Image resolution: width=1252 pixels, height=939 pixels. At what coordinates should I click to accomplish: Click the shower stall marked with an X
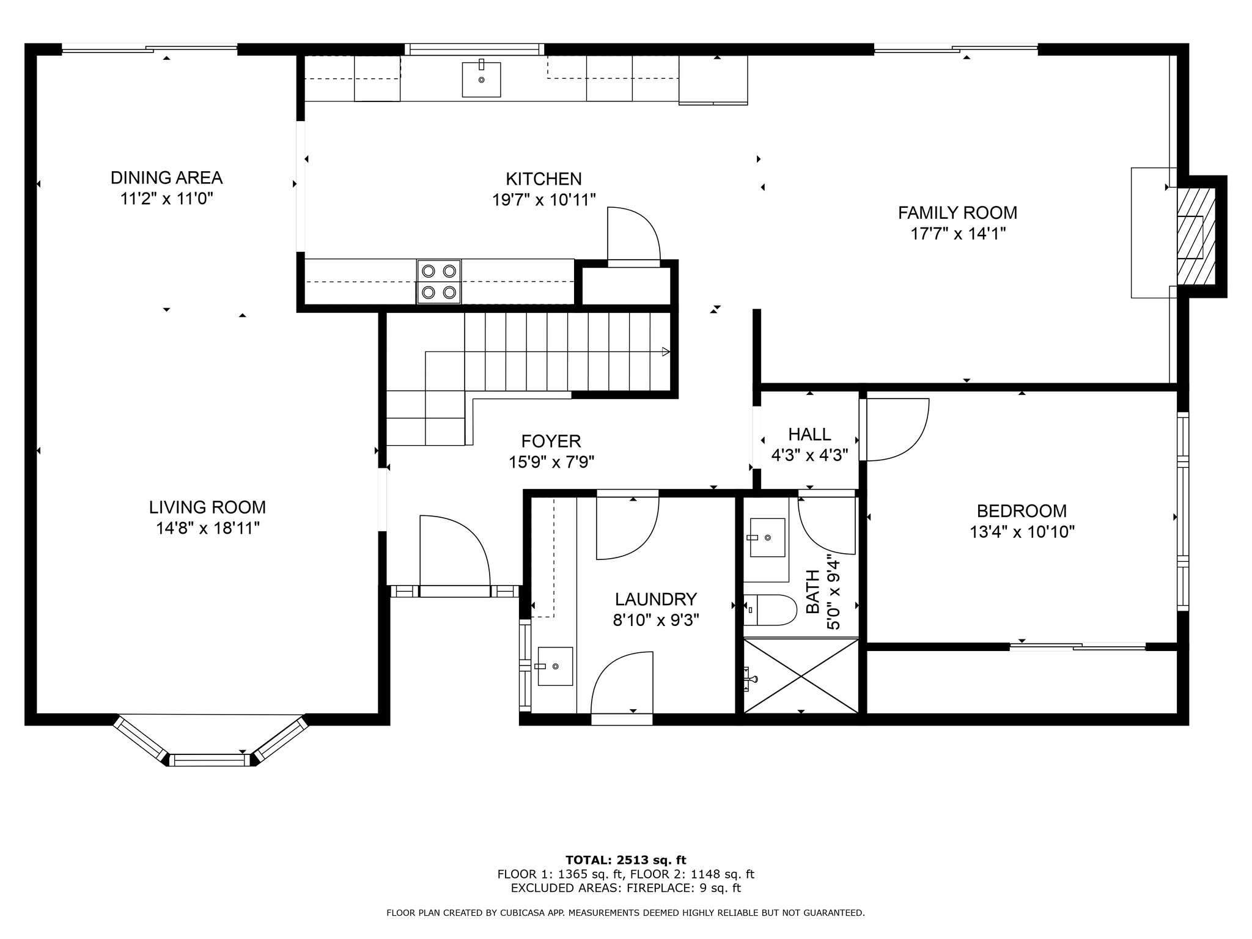(801, 676)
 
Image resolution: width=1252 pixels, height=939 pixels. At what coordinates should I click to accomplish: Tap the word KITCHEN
(543, 179)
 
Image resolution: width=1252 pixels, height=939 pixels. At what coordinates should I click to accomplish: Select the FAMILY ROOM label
(957, 213)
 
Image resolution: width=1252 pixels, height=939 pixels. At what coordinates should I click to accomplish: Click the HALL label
(809, 435)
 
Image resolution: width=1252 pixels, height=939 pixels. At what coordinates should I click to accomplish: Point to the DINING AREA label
(166, 178)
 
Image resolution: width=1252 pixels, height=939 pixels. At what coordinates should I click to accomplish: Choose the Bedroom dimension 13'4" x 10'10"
(1022, 532)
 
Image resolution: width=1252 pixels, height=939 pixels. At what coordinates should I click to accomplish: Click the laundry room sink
(555, 666)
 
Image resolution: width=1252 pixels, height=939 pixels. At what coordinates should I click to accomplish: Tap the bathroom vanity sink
(767, 538)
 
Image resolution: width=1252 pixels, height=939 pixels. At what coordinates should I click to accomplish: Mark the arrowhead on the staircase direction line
(666, 352)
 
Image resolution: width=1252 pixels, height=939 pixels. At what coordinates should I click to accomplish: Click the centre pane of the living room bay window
(210, 760)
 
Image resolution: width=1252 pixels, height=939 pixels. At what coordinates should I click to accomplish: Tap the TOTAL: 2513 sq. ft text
(625, 861)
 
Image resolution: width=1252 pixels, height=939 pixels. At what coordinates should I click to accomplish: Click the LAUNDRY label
(656, 599)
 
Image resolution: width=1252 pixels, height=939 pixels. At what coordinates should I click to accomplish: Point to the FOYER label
(551, 441)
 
